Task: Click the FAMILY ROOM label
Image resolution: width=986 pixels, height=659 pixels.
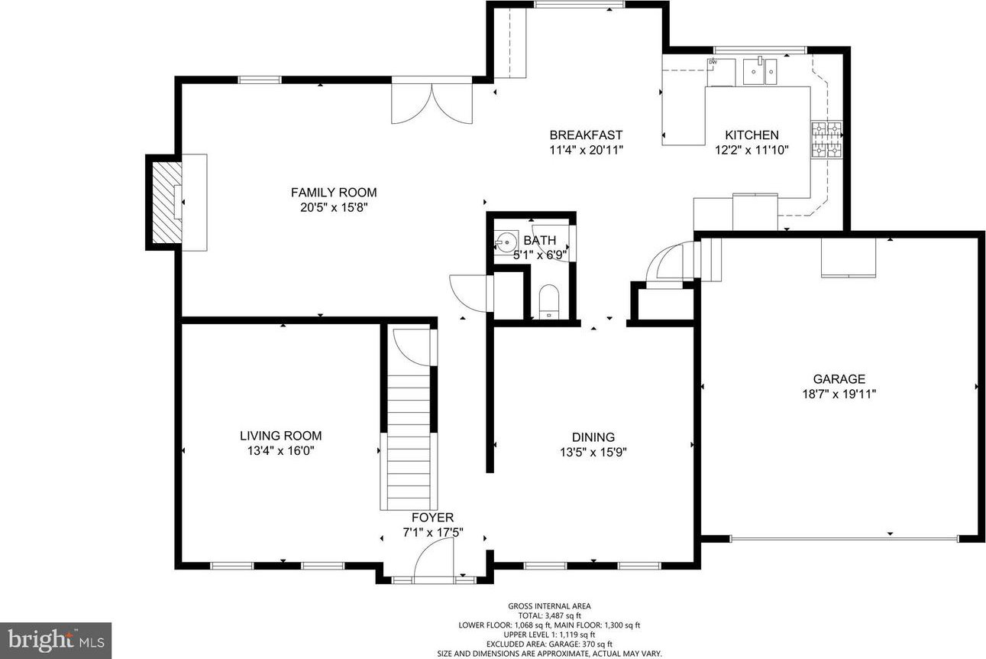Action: click(x=334, y=193)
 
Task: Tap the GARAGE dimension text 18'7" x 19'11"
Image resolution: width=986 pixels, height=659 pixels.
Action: click(x=839, y=394)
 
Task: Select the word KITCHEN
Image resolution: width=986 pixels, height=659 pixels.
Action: click(x=752, y=135)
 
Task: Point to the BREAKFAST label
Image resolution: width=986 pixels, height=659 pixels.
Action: click(x=586, y=135)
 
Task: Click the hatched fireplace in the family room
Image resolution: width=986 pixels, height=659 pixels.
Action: click(x=166, y=202)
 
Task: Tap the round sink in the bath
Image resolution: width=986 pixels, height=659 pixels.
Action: click(x=503, y=242)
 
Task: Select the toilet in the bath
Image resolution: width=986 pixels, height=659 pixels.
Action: click(x=548, y=301)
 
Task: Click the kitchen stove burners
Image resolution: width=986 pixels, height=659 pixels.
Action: click(x=826, y=139)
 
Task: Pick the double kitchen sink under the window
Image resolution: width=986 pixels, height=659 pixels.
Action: click(x=760, y=71)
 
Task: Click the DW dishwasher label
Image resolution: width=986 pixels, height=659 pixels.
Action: click(x=713, y=62)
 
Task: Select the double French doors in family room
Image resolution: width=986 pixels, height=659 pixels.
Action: click(x=432, y=104)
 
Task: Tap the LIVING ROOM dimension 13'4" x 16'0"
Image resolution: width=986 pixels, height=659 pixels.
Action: click(x=281, y=450)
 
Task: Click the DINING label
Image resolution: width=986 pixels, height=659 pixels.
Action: click(x=593, y=437)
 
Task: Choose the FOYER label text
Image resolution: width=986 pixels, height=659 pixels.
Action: click(x=432, y=518)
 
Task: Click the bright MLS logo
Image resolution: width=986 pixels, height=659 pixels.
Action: click(x=56, y=641)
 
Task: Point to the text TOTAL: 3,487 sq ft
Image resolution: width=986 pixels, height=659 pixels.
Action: click(x=549, y=616)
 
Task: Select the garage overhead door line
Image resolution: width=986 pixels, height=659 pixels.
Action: click(x=844, y=538)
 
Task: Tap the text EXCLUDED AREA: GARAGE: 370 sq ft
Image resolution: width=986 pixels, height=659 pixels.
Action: click(x=549, y=644)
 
